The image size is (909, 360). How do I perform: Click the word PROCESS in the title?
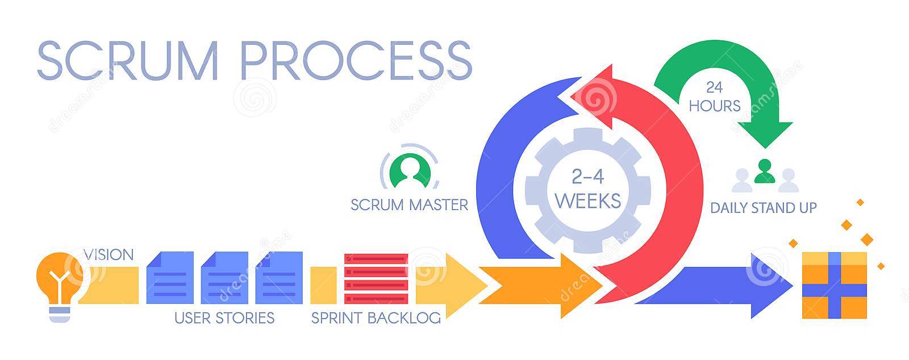tap(357, 61)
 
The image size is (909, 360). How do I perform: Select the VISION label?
tap(109, 254)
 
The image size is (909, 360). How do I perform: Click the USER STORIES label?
tap(224, 318)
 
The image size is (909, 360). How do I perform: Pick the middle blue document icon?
tap(224, 278)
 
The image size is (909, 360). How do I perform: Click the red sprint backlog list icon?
tap(376, 278)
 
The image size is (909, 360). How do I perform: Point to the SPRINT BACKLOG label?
tap(376, 318)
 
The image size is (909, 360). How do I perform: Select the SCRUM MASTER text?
tap(410, 205)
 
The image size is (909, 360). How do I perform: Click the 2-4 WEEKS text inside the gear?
tap(588, 189)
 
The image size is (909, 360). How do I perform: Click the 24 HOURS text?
tap(715, 97)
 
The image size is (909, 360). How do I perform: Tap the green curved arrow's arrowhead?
tap(765, 134)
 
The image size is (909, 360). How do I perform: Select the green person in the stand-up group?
tap(765, 171)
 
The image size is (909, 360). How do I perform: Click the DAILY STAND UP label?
tap(764, 208)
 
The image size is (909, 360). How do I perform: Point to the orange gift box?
tap(835, 286)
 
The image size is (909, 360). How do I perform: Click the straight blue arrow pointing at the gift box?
tap(714, 286)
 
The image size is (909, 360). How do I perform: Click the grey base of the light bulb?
tap(60, 315)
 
